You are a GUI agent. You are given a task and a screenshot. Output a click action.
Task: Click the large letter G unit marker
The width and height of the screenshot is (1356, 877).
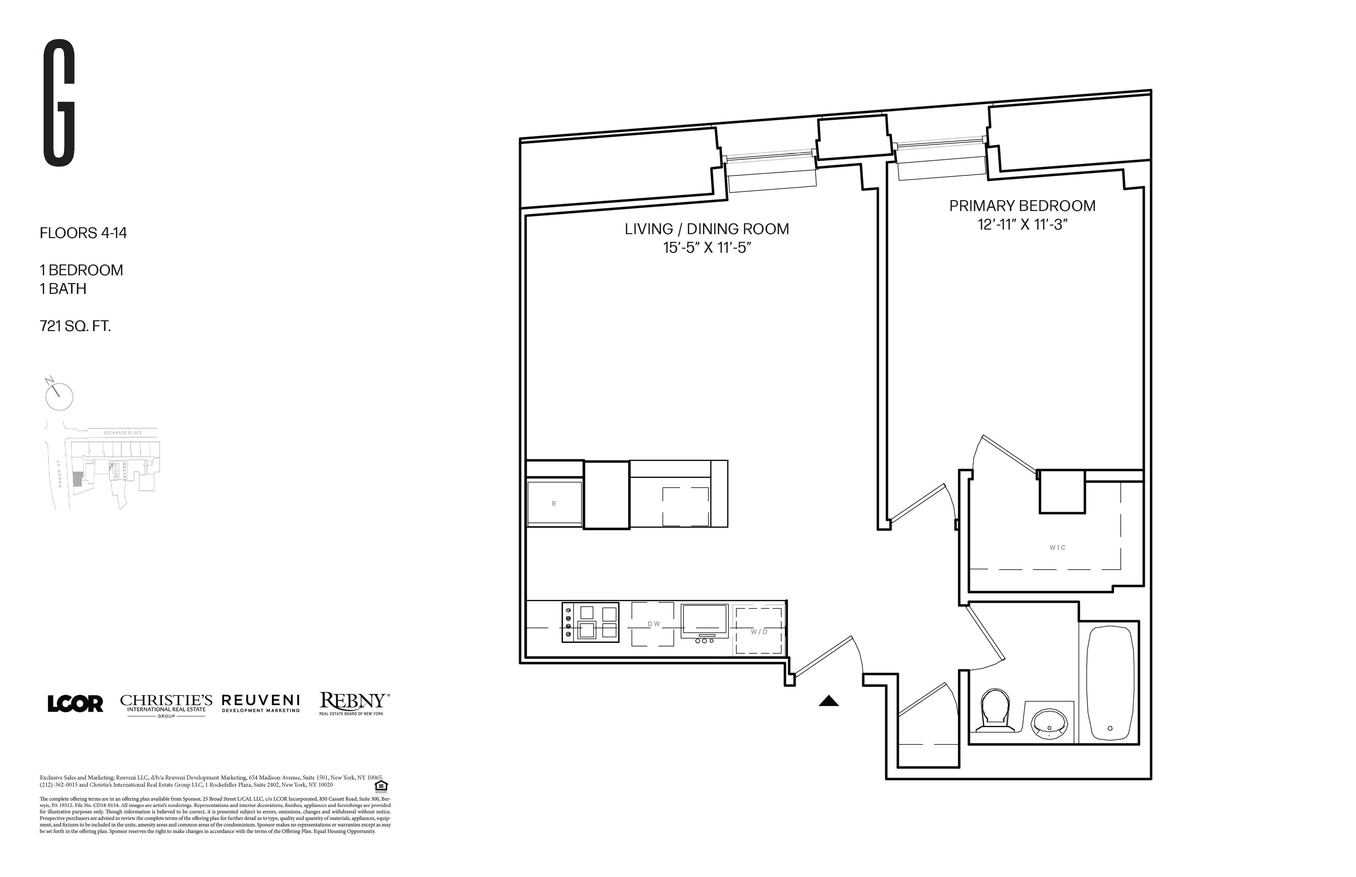59,103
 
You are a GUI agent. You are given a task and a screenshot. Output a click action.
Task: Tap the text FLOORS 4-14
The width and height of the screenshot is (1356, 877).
83,233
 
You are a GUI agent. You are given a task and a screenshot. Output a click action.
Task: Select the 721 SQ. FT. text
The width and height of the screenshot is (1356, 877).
75,326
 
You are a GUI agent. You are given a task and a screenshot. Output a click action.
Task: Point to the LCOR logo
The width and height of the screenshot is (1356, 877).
75,704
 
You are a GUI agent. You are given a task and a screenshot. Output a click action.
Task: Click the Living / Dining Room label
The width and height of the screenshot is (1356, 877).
706,229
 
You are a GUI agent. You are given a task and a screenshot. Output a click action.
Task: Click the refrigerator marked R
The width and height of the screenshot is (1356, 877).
554,503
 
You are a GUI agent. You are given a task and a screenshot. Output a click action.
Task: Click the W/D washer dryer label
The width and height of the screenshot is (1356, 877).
758,631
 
